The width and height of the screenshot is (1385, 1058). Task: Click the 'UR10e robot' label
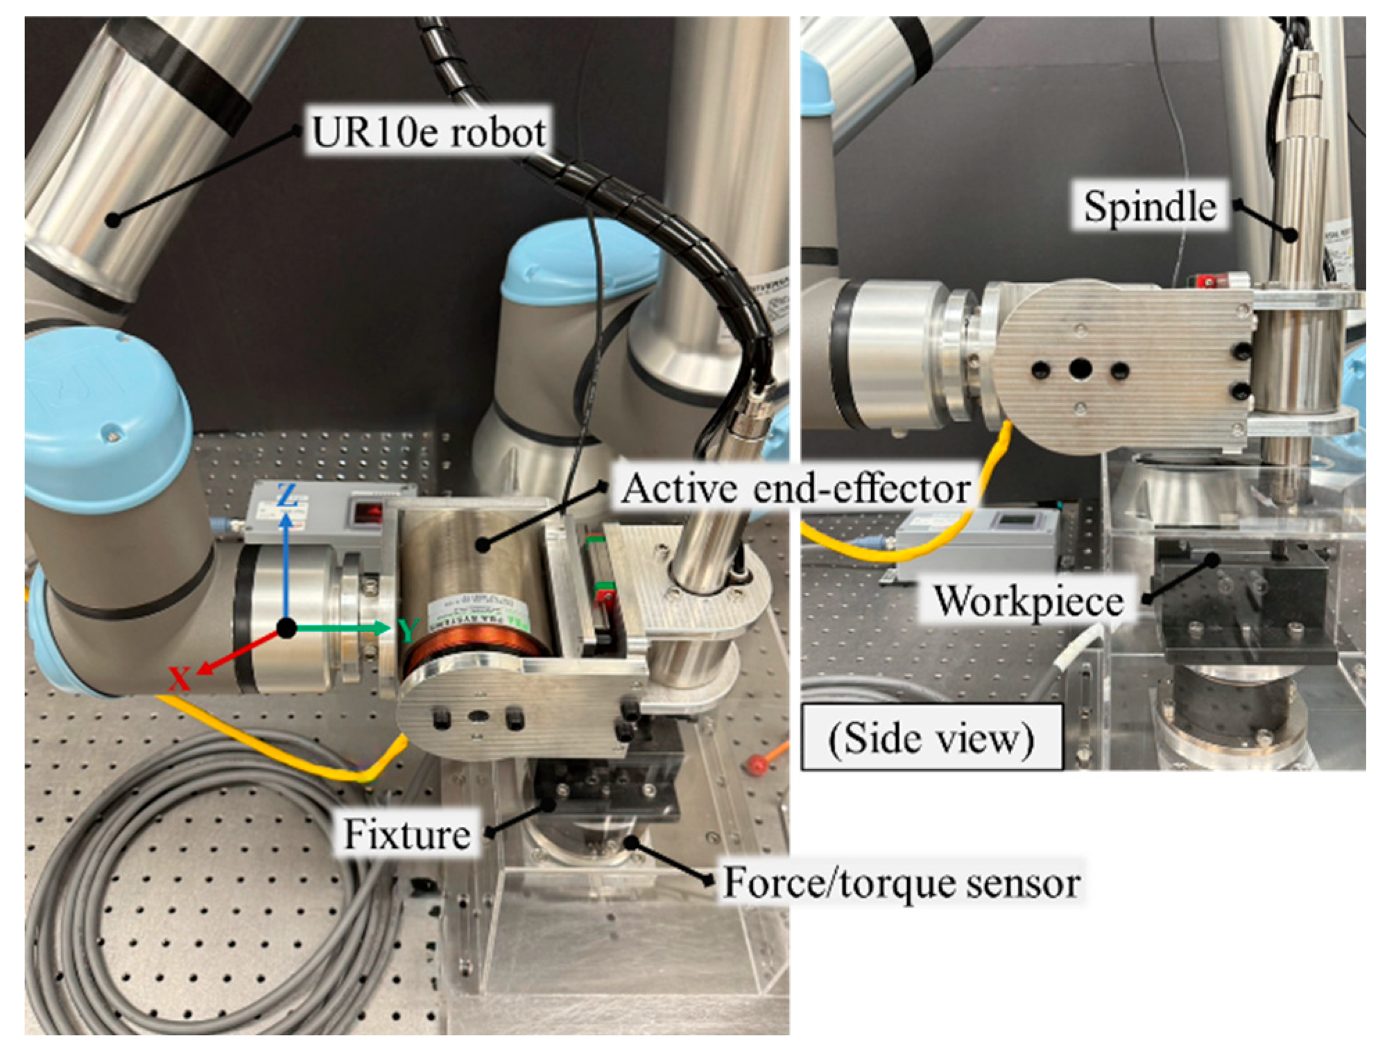coord(428,132)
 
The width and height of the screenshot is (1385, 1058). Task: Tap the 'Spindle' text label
coord(1149,207)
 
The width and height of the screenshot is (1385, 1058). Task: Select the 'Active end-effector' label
coord(795,489)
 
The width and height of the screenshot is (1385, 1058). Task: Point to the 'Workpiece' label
coord(1028,600)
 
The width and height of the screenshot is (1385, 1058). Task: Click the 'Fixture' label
coord(407,834)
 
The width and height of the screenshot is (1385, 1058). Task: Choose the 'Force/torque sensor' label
coord(901,883)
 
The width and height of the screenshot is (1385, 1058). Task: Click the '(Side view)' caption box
coord(931,738)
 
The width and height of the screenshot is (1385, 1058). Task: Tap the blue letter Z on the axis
coord(287,495)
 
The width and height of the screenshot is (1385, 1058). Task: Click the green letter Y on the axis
coord(408,630)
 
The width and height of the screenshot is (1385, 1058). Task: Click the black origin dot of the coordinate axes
coord(286,629)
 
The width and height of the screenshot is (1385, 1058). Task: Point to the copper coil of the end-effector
coord(479,641)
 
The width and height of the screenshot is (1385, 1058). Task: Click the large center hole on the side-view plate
coord(1079,369)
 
